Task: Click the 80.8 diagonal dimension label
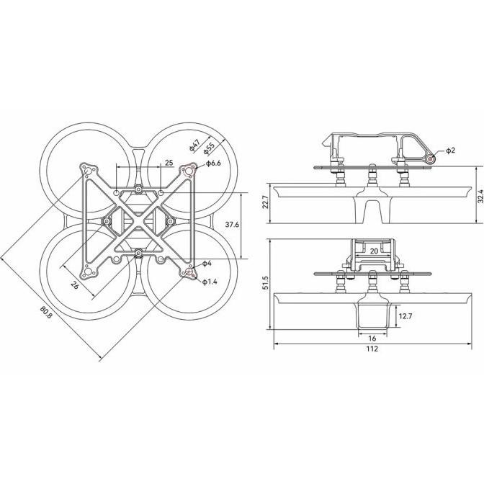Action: pyautogui.click(x=47, y=312)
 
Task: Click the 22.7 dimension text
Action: pyautogui.click(x=266, y=201)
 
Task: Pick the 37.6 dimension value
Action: pyautogui.click(x=231, y=225)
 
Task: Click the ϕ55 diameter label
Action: pyautogui.click(x=209, y=148)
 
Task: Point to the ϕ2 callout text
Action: pyautogui.click(x=450, y=151)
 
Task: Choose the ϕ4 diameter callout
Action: pyautogui.click(x=207, y=264)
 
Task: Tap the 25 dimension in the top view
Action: pyautogui.click(x=169, y=163)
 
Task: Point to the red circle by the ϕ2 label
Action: pyautogui.click(x=430, y=158)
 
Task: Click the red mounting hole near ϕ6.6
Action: pyautogui.click(x=192, y=170)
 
